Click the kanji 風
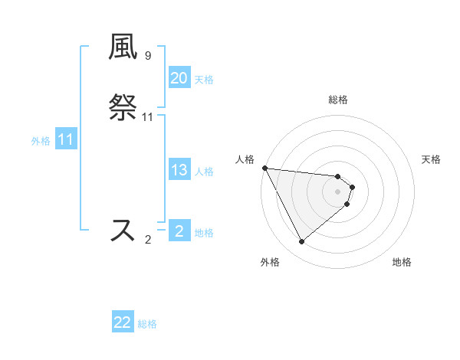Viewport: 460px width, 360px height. point(123,47)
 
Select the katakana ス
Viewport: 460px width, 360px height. point(123,231)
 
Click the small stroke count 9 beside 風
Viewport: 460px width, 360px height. point(148,56)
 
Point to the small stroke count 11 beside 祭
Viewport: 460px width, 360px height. point(148,117)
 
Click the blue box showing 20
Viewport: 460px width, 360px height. point(179,78)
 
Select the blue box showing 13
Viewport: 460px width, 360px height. point(179,170)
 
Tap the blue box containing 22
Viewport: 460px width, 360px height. point(123,322)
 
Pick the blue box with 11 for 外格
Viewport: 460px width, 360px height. point(66,140)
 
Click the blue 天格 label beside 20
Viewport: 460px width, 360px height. point(204,80)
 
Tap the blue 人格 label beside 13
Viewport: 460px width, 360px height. point(204,172)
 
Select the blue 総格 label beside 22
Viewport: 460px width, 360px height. point(147,324)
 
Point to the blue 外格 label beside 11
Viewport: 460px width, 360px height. point(41,141)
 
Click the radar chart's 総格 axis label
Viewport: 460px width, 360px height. point(338,100)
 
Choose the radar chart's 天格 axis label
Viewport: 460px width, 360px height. point(432,159)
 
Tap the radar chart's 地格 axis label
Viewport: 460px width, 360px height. point(402,263)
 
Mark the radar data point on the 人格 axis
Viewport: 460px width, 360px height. point(264,168)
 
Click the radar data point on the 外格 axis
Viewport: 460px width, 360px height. point(301,242)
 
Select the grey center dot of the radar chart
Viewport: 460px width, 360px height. point(338,191)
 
